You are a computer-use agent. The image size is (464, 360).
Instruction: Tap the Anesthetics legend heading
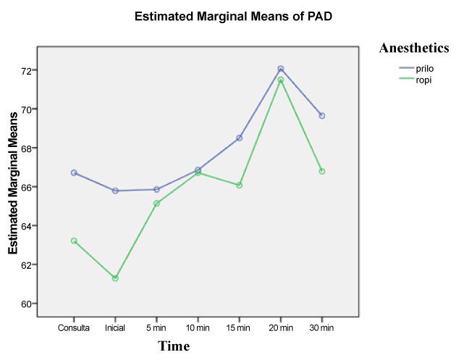(x=415, y=48)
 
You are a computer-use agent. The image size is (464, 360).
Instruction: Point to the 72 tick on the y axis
(x=26, y=71)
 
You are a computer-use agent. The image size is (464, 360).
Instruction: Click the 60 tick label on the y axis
(x=26, y=304)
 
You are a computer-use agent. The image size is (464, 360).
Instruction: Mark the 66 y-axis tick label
(x=26, y=187)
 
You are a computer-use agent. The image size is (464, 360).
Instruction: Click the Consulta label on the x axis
(x=74, y=328)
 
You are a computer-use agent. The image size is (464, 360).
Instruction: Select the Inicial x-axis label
(x=115, y=328)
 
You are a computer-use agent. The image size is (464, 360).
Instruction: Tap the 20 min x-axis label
(x=281, y=328)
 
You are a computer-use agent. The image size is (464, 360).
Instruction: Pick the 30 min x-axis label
(x=322, y=328)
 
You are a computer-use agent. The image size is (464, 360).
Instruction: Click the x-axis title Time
(x=174, y=346)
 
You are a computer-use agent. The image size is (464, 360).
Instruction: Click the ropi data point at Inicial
(x=115, y=278)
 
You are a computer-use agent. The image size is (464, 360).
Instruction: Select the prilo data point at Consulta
(x=74, y=172)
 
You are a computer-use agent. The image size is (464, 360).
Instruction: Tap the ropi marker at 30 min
(x=322, y=171)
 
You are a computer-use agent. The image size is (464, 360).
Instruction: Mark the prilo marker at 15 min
(x=240, y=138)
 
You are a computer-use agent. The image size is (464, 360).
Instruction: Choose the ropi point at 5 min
(x=156, y=204)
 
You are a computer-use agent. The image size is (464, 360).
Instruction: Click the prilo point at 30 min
(x=322, y=116)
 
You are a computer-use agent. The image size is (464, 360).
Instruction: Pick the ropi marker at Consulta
(x=74, y=240)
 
